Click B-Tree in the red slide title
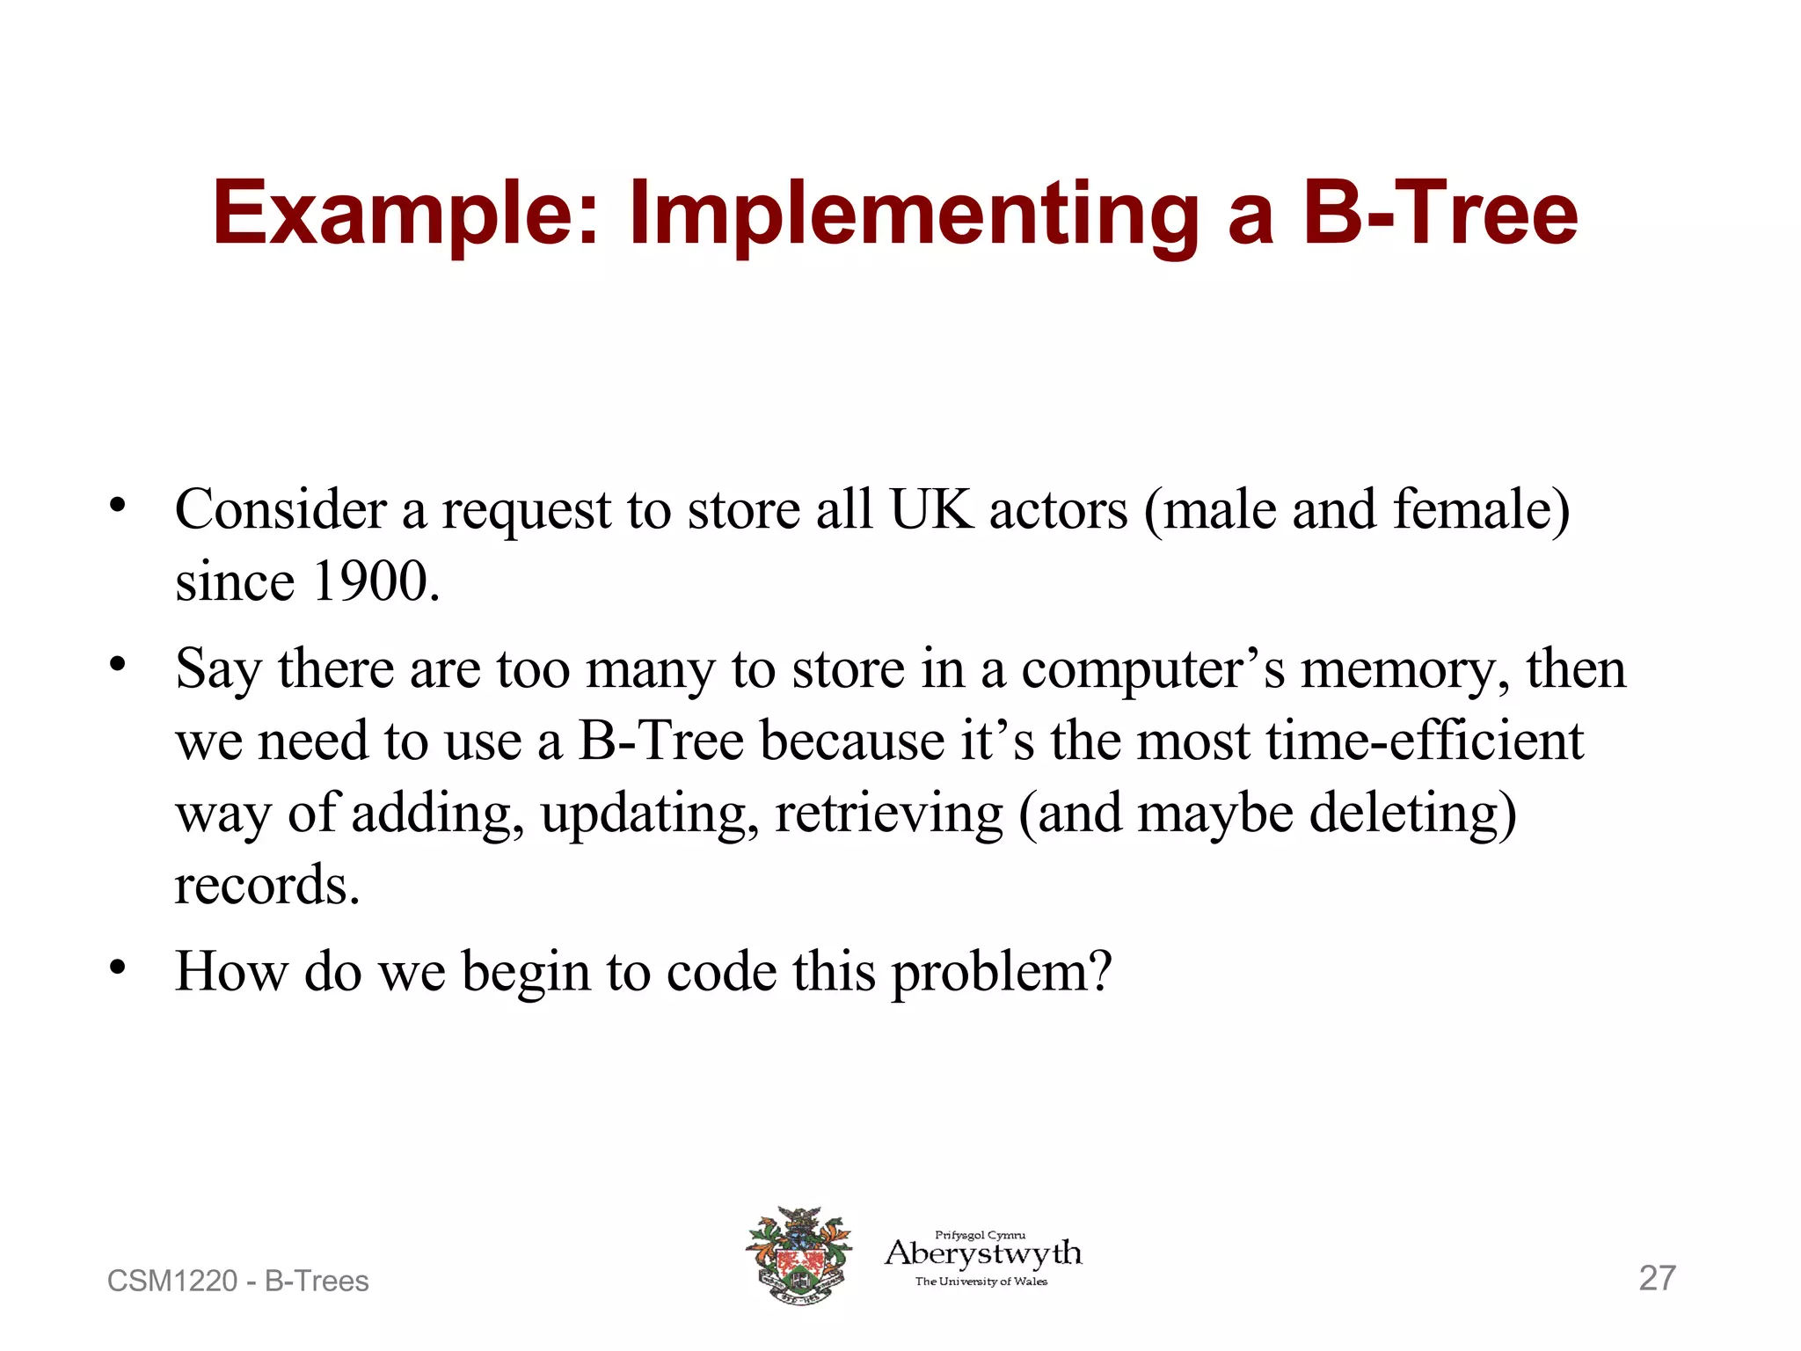[x=1440, y=214]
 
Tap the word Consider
[x=281, y=509]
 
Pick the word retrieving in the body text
[x=888, y=813]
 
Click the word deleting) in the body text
[x=1412, y=813]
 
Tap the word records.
[x=267, y=885]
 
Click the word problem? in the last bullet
[x=1002, y=973]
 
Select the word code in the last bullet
[x=721, y=973]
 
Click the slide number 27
[x=1657, y=1278]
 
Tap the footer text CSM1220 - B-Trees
[x=237, y=1281]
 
